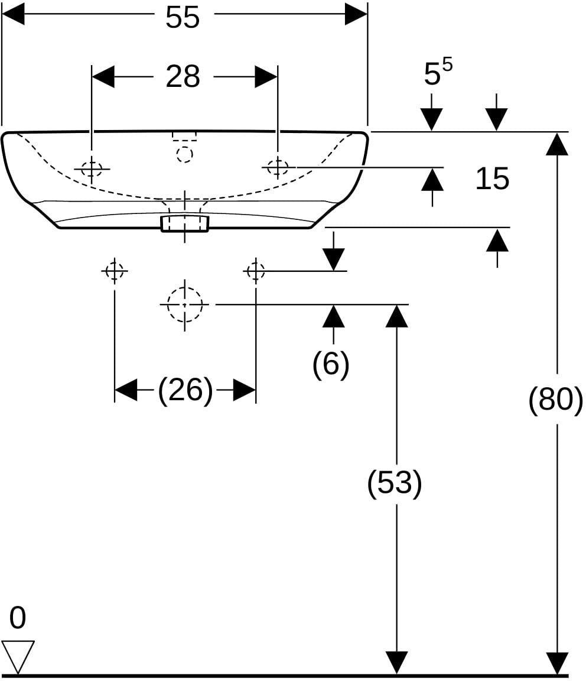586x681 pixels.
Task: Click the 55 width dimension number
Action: coord(183,17)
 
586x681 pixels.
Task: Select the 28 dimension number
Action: coord(183,76)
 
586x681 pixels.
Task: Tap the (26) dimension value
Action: coord(185,390)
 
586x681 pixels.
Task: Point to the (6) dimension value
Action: coord(331,364)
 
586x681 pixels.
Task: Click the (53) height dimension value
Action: coord(395,482)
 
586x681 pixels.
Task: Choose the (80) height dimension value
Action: coord(556,399)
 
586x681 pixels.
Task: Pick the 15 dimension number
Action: coord(492,179)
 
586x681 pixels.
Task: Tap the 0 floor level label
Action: coord(17,618)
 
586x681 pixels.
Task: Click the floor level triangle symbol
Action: coord(18,657)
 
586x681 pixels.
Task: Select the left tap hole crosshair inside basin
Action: coord(92,168)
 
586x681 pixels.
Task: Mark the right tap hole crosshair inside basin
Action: coord(278,167)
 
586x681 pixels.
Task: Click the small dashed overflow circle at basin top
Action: coord(184,154)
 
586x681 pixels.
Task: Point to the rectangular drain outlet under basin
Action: coord(185,223)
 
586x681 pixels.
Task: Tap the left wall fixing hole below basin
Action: coord(115,271)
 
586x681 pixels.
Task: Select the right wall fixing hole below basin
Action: coord(256,271)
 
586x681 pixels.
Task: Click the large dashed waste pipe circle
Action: coord(185,304)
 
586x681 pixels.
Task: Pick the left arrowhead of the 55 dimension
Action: coord(13,14)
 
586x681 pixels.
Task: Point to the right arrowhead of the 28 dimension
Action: coord(266,77)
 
